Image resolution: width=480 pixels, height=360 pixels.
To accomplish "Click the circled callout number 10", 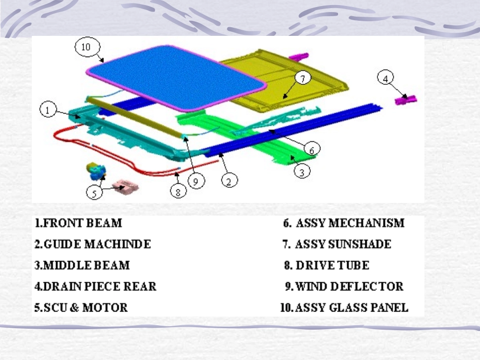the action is [87, 47].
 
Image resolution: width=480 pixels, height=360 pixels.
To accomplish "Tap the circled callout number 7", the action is [303, 78].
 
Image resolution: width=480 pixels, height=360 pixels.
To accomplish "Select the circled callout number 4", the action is [386, 78].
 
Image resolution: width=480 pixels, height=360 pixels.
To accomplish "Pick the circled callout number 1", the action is [48, 110].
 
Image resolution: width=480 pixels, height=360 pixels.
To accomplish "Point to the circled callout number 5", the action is [94, 193].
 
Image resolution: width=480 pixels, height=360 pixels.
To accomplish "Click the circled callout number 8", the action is [178, 191].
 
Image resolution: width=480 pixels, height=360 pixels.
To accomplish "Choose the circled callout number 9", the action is [196, 181].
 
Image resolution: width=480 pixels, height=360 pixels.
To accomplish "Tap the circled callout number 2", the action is [229, 180].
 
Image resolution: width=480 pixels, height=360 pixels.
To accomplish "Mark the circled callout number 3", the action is [302, 171].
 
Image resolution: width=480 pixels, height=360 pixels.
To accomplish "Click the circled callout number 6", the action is [312, 149].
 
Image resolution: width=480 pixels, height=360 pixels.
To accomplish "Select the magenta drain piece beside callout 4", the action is [406, 99].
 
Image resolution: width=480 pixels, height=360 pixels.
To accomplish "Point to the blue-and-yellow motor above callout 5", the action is [96, 171].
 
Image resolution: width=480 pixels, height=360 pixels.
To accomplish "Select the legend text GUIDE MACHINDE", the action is [98, 244].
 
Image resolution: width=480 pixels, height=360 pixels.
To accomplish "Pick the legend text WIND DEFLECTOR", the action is [349, 286].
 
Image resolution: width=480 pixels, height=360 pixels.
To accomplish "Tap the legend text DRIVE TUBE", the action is [332, 265].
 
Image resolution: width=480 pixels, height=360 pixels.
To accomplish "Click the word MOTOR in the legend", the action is [105, 307].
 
